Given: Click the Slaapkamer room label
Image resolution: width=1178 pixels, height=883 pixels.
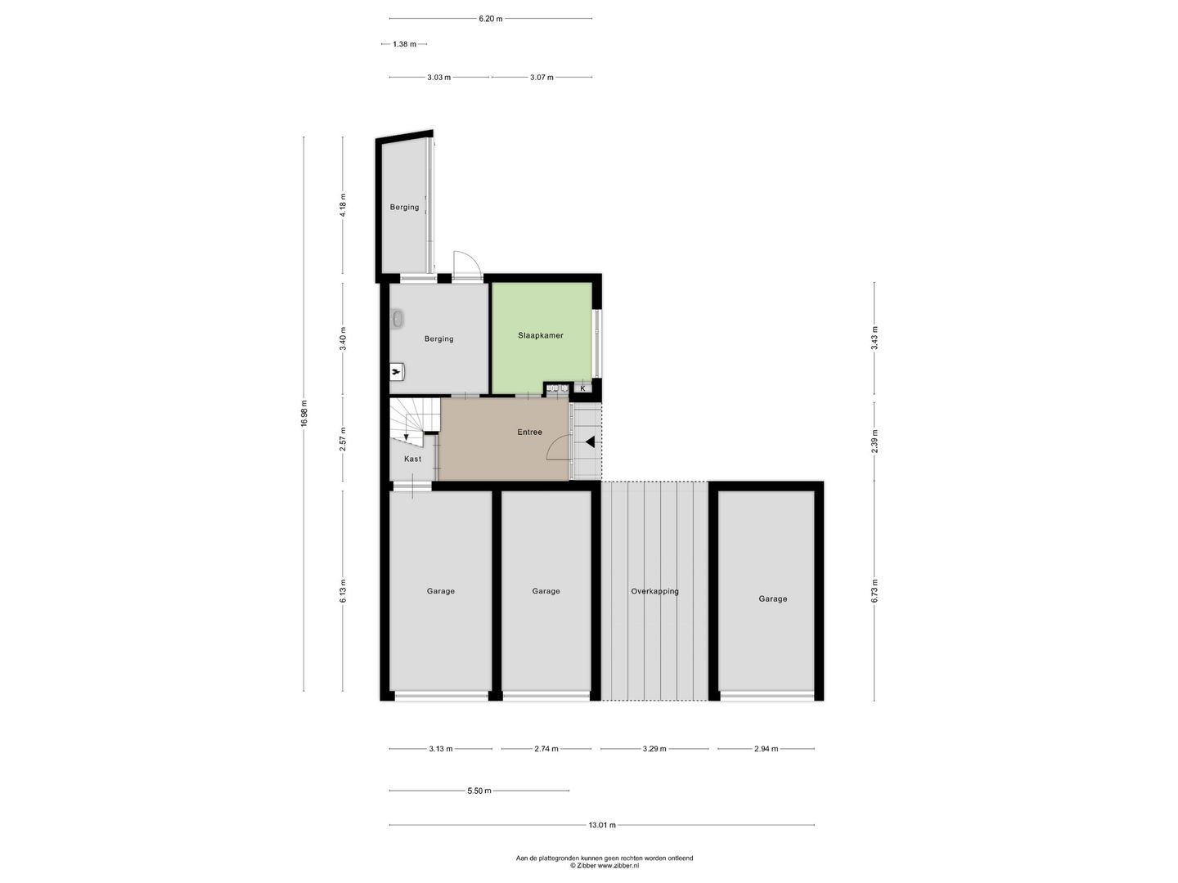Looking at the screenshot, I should (x=541, y=335).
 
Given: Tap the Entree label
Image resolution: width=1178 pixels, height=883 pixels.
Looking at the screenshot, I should (x=529, y=432).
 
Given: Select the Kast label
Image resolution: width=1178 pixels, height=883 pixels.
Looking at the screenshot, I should (x=412, y=459).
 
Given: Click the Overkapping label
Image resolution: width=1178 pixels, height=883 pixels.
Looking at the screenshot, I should (x=654, y=591).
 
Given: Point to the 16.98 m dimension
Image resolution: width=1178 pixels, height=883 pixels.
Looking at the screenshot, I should (x=303, y=414).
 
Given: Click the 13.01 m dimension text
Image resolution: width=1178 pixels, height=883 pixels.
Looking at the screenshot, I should (x=601, y=825).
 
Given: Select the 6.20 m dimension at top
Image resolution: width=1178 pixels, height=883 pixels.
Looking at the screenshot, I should (x=490, y=18).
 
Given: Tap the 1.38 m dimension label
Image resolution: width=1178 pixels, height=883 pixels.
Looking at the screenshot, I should (x=404, y=44).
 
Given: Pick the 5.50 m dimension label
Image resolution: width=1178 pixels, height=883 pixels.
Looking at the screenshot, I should (x=479, y=791).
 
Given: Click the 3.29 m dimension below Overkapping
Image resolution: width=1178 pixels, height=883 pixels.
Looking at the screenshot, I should (x=654, y=748).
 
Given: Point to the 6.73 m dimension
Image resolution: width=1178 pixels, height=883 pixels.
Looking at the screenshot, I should (x=875, y=590).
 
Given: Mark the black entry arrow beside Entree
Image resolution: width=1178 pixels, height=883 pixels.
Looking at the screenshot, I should (x=590, y=442).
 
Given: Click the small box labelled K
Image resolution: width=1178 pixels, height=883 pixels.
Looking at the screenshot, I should (x=582, y=388).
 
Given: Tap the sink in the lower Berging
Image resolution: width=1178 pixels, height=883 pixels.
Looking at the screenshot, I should (x=398, y=320).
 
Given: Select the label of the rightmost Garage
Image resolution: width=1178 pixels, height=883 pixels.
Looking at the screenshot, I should (x=772, y=598).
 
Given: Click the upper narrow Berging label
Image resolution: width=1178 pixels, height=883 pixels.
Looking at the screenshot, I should (x=404, y=207).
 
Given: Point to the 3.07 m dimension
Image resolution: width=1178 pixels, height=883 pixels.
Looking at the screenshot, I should (x=542, y=78).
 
